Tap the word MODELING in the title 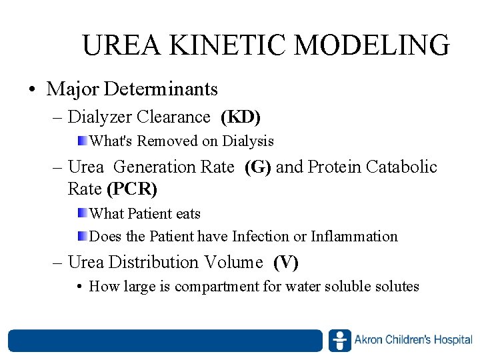click(372, 45)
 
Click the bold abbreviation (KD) click(241, 117)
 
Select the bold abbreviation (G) click(258, 167)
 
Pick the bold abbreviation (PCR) click(132, 189)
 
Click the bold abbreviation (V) click(286, 263)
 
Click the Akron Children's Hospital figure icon click(339, 341)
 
